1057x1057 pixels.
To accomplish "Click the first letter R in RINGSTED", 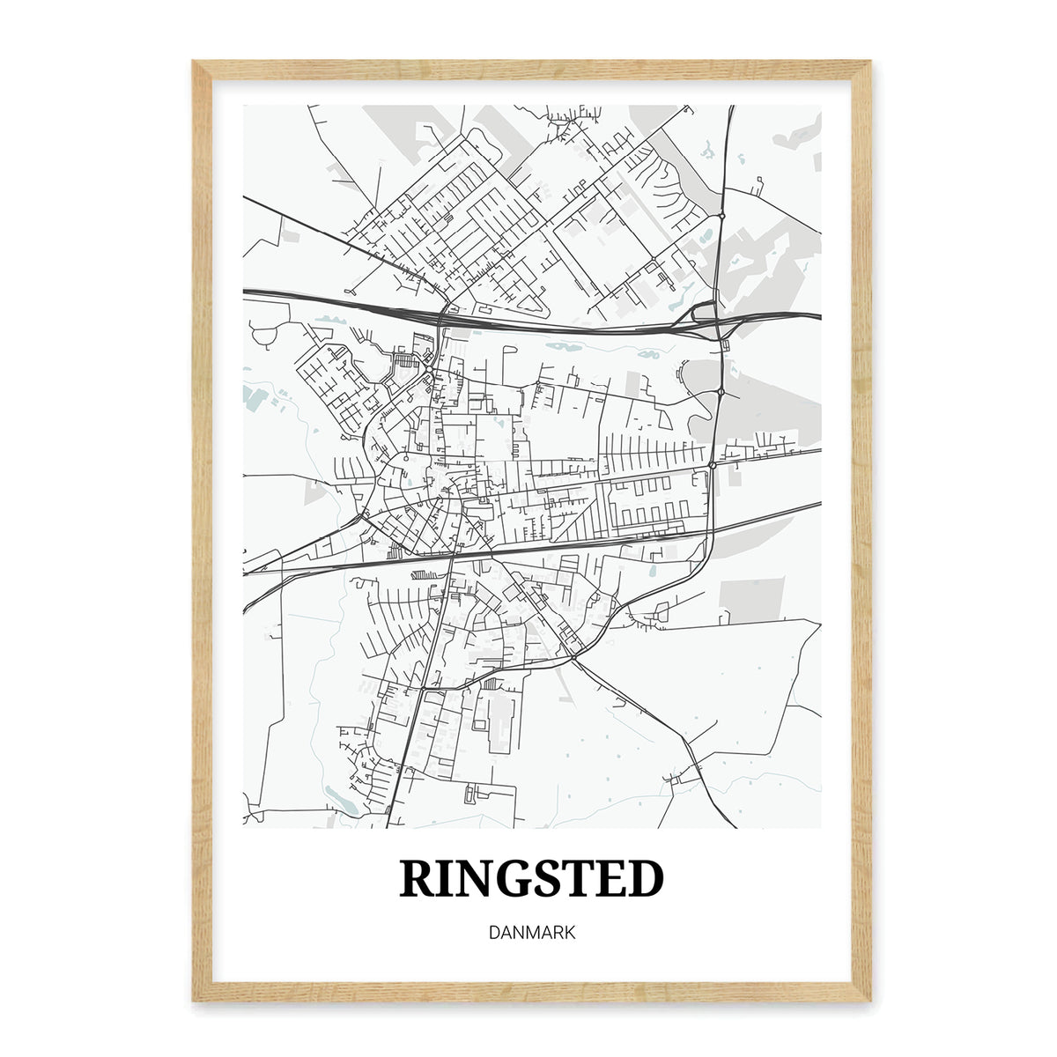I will tap(419, 878).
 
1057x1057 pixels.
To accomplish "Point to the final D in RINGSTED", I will tap(644, 878).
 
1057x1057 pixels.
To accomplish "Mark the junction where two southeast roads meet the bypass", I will tap(573, 657).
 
